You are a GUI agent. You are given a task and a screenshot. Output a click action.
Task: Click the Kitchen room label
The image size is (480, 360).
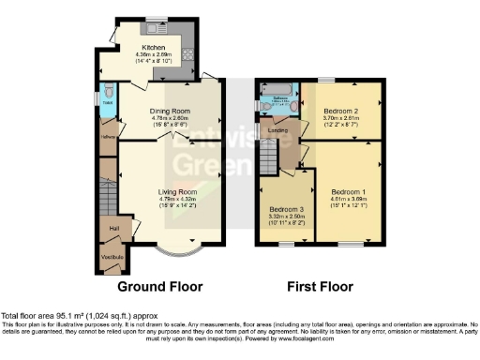click(x=154, y=48)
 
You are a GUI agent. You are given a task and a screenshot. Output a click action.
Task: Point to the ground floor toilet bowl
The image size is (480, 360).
click(x=109, y=91)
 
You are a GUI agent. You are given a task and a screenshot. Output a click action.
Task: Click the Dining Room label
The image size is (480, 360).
click(x=170, y=111)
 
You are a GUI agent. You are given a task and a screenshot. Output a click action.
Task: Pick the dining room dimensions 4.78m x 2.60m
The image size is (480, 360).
click(x=170, y=118)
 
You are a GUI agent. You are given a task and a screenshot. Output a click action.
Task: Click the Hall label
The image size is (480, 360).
click(x=113, y=228)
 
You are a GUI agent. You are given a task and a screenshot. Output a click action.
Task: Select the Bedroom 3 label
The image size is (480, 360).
click(x=287, y=209)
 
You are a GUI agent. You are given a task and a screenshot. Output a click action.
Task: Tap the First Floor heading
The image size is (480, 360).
click(x=322, y=286)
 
